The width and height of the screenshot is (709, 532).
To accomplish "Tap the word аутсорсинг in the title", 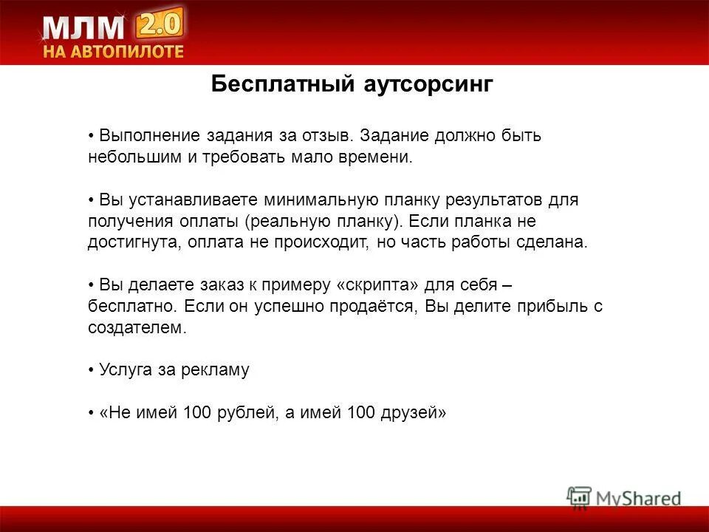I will click(428, 84).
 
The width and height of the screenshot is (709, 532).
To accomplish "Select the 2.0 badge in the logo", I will click(159, 26).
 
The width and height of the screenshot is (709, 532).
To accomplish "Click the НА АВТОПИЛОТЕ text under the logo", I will click(112, 52).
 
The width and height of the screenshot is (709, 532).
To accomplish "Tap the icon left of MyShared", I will click(579, 497).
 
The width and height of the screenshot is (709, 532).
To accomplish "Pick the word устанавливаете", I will click(190, 200).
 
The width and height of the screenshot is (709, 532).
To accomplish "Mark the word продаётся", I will click(377, 307).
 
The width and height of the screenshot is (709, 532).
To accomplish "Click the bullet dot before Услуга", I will click(91, 370).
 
